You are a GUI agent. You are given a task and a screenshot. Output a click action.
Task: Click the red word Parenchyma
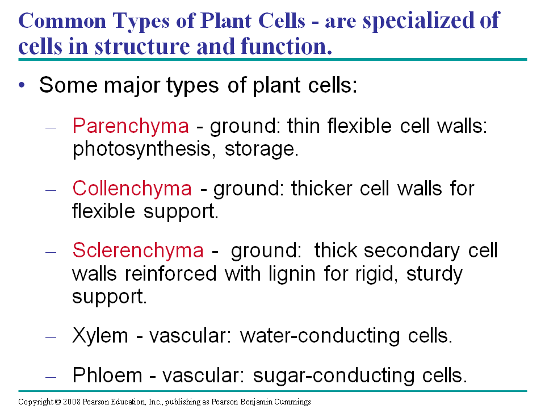pyautogui.click(x=131, y=126)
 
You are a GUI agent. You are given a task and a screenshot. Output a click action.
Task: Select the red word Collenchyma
pyautogui.click(x=132, y=188)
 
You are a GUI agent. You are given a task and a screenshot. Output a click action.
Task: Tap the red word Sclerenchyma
pyautogui.click(x=137, y=251)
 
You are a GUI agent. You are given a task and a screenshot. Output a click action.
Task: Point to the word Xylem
pyautogui.click(x=100, y=336)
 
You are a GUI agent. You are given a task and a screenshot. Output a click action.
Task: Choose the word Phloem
pyautogui.click(x=108, y=375)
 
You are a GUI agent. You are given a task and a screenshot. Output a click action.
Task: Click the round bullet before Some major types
pyautogui.click(x=22, y=85)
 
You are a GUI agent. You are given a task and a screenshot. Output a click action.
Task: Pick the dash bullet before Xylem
pyautogui.click(x=51, y=336)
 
